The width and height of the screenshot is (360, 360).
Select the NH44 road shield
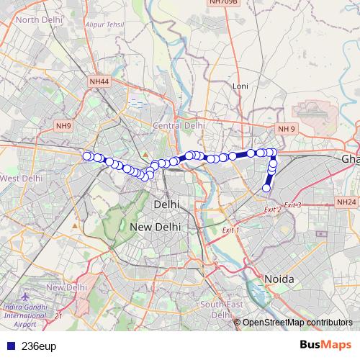pyautogui.click(x=99, y=83)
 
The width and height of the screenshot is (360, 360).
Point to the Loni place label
pyautogui.click(x=240, y=86)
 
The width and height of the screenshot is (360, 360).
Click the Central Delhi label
pyautogui.click(x=179, y=125)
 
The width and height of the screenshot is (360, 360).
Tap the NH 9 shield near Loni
pyautogui.click(x=287, y=128)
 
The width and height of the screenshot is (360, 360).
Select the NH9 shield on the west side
pyautogui.click(x=63, y=126)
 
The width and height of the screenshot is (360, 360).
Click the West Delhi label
pyautogui.click(x=21, y=178)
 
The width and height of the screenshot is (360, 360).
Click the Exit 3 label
pyautogui.click(x=292, y=205)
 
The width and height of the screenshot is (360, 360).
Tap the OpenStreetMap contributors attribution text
pyautogui.click(x=298, y=323)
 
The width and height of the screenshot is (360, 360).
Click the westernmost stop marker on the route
pyautogui.click(x=87, y=156)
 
